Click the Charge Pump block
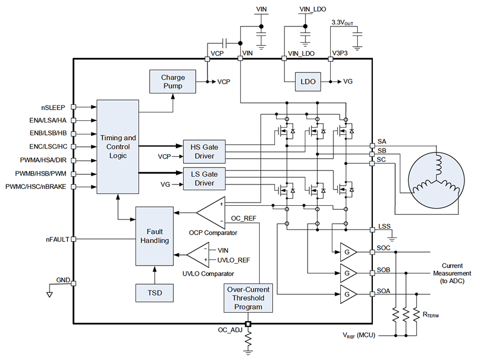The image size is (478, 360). click(173, 82)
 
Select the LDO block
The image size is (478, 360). click(308, 82)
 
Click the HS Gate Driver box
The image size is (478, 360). click(204, 151)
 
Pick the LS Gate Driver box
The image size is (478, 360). click(204, 178)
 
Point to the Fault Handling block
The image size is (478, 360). click(155, 235)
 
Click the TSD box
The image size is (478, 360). click(155, 293)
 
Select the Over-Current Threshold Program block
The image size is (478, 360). click(248, 298)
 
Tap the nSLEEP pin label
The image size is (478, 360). click(56, 106)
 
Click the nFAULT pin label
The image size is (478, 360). click(57, 239)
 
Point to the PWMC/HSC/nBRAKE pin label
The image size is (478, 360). click(38, 187)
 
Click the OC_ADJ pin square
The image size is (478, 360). click(248, 324)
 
